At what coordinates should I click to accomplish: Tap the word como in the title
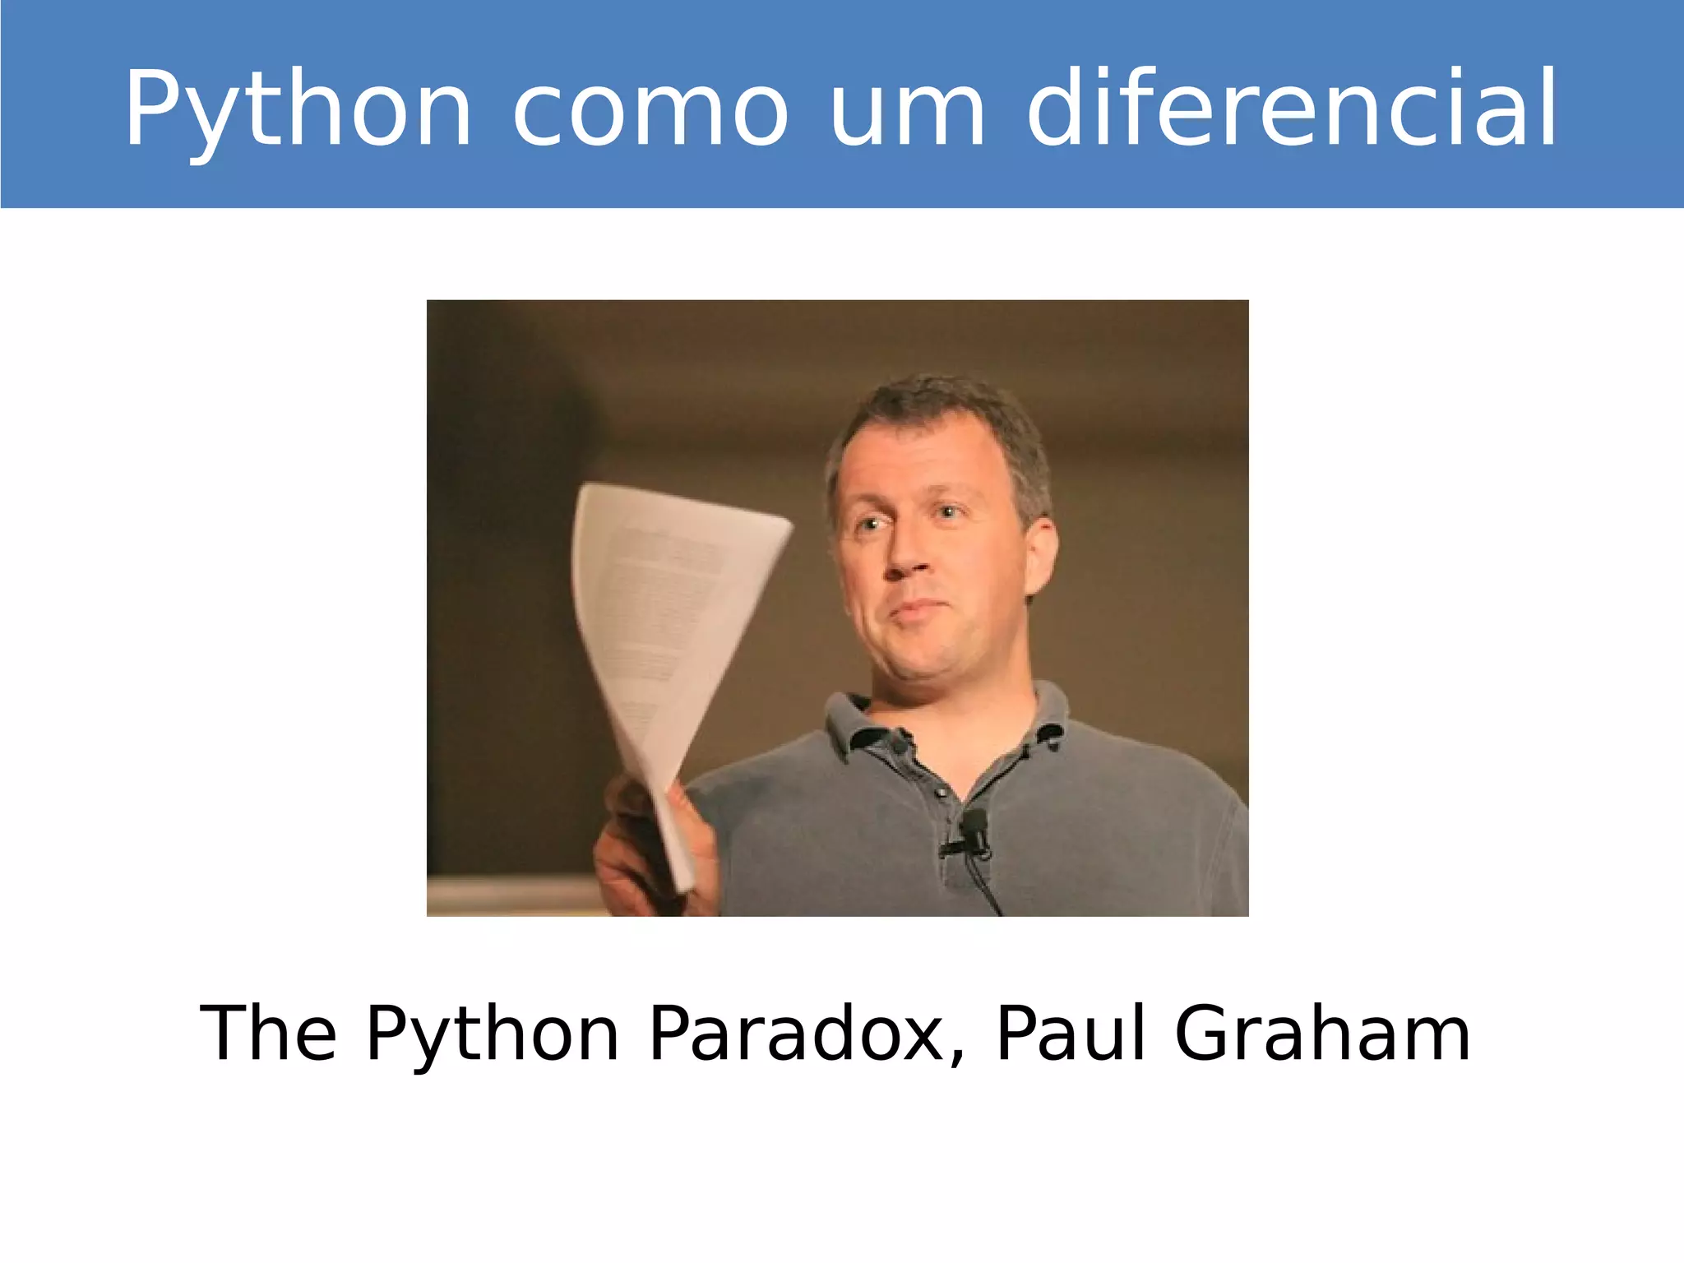click(650, 110)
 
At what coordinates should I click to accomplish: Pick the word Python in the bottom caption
click(492, 1034)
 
